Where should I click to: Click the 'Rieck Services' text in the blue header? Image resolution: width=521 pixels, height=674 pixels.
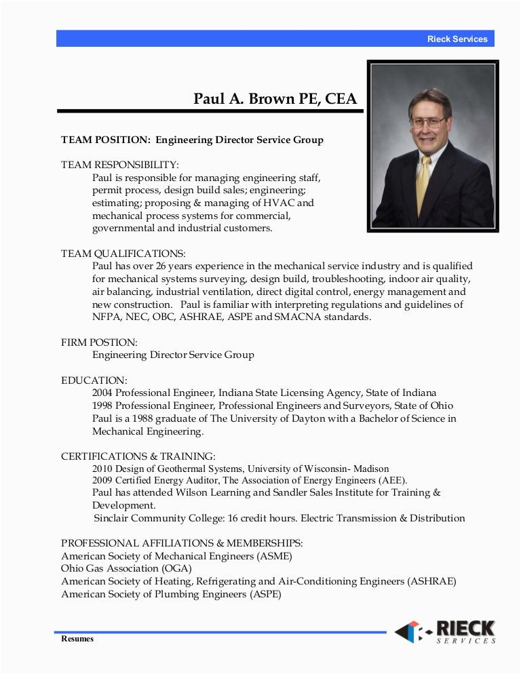click(457, 39)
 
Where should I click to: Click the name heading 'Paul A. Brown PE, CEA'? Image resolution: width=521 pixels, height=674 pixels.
click(275, 99)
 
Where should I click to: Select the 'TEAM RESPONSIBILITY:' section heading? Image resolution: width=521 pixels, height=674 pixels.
click(120, 165)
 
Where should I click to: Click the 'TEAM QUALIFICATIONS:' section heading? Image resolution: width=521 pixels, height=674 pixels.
click(123, 254)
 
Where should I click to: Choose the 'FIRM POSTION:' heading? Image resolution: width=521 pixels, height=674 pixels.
click(99, 342)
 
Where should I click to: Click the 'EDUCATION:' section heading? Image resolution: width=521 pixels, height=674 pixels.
click(94, 380)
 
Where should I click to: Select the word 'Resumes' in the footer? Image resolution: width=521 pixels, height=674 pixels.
click(77, 639)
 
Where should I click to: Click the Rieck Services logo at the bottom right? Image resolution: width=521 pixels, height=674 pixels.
click(445, 631)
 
